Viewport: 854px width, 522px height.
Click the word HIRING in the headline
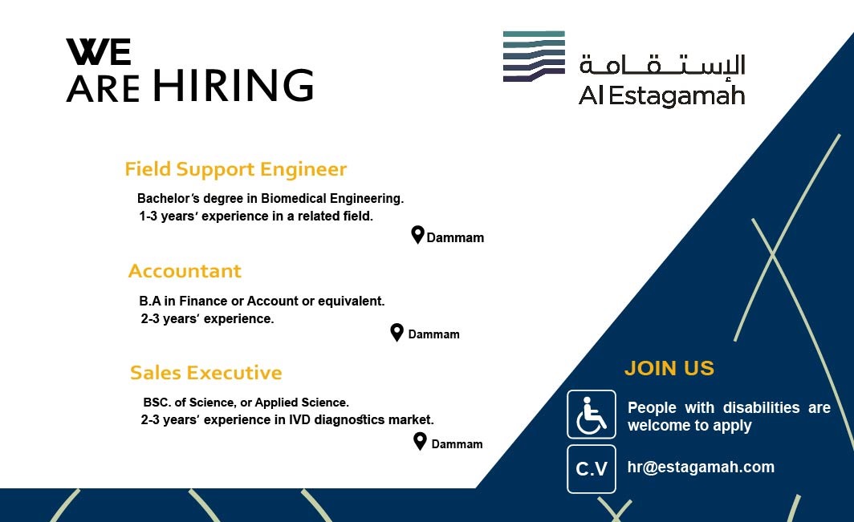[233, 85]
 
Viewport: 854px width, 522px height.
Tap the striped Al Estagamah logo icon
[534, 56]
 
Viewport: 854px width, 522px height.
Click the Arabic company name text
[661, 65]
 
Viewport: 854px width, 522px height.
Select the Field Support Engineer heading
[235, 169]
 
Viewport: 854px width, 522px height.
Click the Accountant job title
[185, 271]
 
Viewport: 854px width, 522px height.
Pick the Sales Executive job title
[205, 373]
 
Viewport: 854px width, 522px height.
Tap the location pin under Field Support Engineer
[417, 235]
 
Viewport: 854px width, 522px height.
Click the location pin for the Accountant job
[397, 333]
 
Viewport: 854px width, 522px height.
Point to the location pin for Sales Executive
[420, 442]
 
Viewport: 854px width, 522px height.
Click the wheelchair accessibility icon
[592, 415]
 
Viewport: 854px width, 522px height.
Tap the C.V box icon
[592, 468]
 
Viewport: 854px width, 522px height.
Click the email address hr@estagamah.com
[701, 467]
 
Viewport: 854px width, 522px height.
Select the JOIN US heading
[669, 369]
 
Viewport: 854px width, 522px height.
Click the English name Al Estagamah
[661, 95]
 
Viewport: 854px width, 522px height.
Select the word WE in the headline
[99, 51]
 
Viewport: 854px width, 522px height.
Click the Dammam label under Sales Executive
[457, 444]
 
